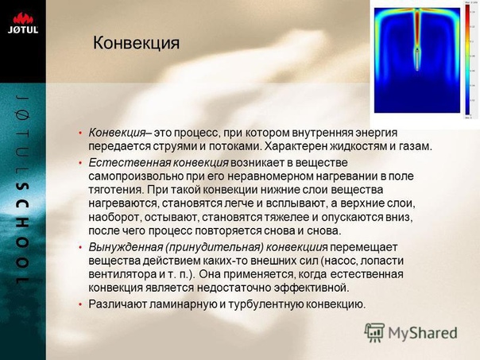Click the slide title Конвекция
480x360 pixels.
point(136,43)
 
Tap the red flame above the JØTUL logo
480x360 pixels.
point(23,18)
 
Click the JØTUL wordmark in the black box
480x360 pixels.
point(23,29)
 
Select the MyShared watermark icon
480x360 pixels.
point(374,332)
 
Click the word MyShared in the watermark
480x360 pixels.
point(423,333)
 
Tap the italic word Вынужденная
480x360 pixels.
point(126,247)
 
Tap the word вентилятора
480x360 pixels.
point(122,274)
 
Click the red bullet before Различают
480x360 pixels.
point(80,304)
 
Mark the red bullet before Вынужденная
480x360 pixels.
point(80,247)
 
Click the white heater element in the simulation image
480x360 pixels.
point(417,60)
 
